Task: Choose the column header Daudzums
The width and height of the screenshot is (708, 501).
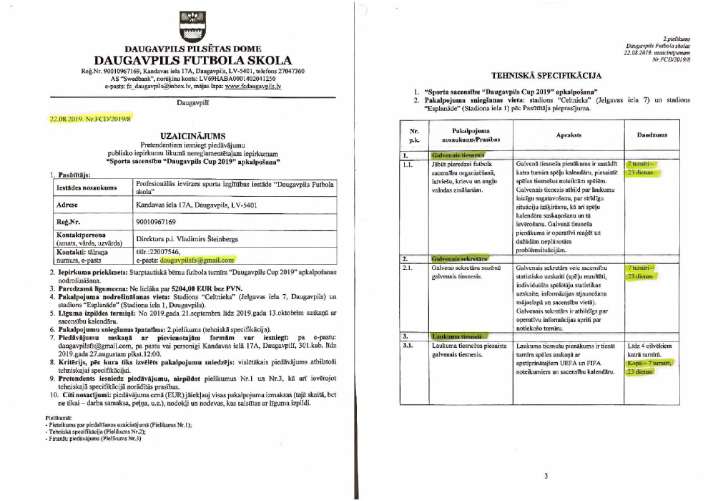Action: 651,135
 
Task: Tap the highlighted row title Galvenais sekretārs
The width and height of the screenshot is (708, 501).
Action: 458,258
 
